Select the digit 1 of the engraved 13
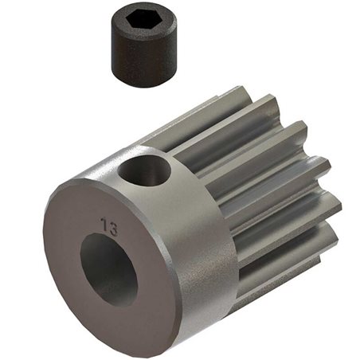click(104, 227)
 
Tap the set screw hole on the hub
click(147, 171)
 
